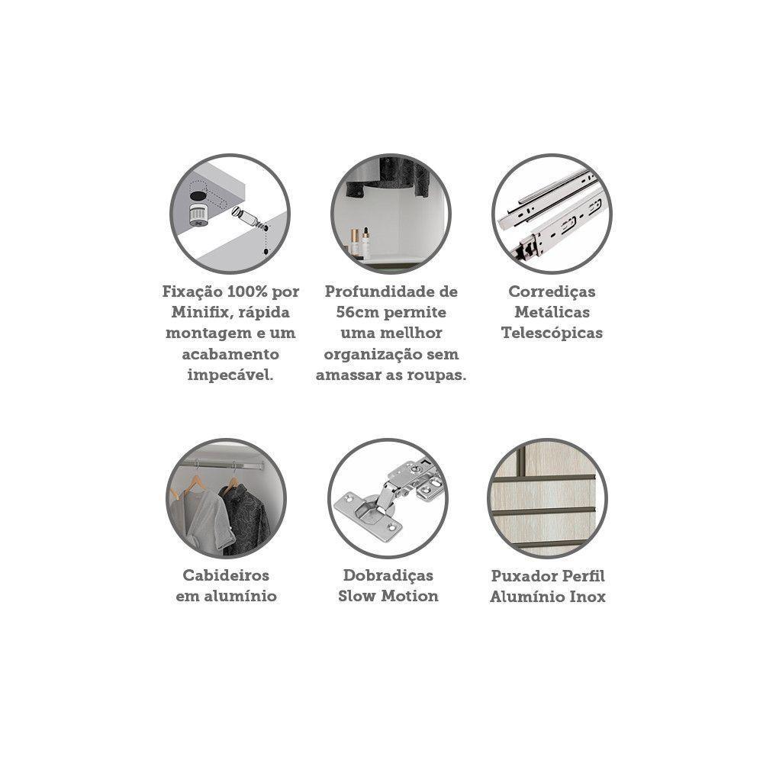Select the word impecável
click(x=230, y=375)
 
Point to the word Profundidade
click(x=381, y=291)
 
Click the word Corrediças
click(x=552, y=292)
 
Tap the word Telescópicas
click(x=552, y=333)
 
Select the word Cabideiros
click(x=226, y=575)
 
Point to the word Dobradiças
click(x=388, y=575)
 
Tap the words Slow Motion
click(x=388, y=596)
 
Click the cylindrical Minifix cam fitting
click(x=198, y=215)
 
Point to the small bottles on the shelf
click(x=359, y=242)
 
